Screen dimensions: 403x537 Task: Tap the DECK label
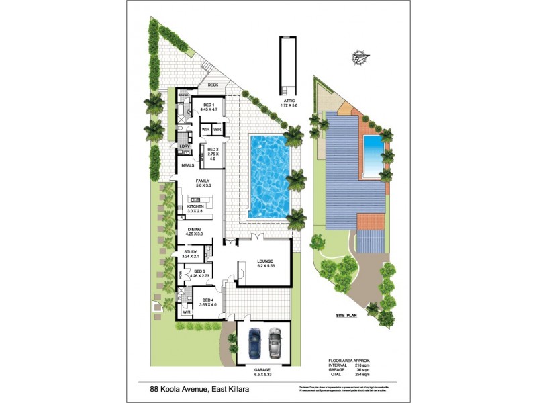213,85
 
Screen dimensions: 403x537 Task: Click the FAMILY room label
202,182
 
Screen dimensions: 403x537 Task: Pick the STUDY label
191,253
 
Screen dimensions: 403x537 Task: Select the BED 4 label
204,300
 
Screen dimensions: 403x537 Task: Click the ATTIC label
291,101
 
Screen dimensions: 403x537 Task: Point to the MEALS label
187,165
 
